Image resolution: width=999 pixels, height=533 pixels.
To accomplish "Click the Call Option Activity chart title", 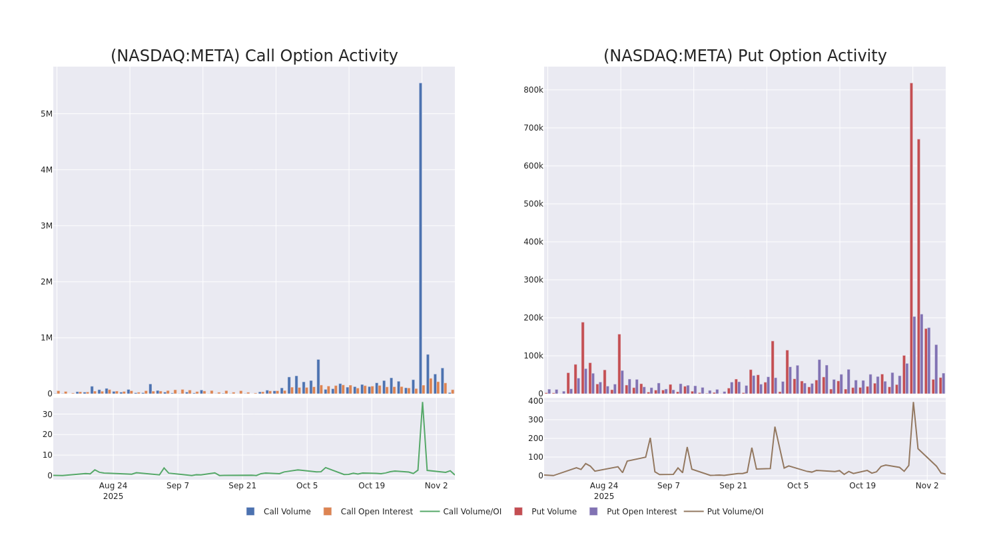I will pos(254,56).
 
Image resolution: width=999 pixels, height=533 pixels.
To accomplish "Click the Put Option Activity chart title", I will pos(745,56).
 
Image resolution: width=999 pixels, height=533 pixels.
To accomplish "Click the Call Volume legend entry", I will pos(279,512).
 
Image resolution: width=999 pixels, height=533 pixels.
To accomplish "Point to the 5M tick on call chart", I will pos(46,114).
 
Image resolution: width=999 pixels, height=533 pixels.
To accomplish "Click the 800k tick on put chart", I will pos(533,90).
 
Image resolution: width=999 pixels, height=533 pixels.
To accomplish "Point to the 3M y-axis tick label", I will pos(46,226).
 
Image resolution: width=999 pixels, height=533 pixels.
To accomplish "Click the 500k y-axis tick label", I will pos(533,204).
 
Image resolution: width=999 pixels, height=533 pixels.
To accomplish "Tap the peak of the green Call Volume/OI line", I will pos(422,402).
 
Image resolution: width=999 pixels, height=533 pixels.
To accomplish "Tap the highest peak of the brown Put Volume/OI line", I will pos(913,402).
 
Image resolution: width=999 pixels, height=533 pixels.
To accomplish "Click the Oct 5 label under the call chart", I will pos(307,486).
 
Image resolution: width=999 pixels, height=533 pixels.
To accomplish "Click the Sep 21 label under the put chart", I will pos(733,486).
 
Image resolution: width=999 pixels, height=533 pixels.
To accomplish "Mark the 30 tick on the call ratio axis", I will pos(47,414).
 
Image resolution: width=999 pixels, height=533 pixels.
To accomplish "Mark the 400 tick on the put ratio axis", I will pos(535,401).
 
